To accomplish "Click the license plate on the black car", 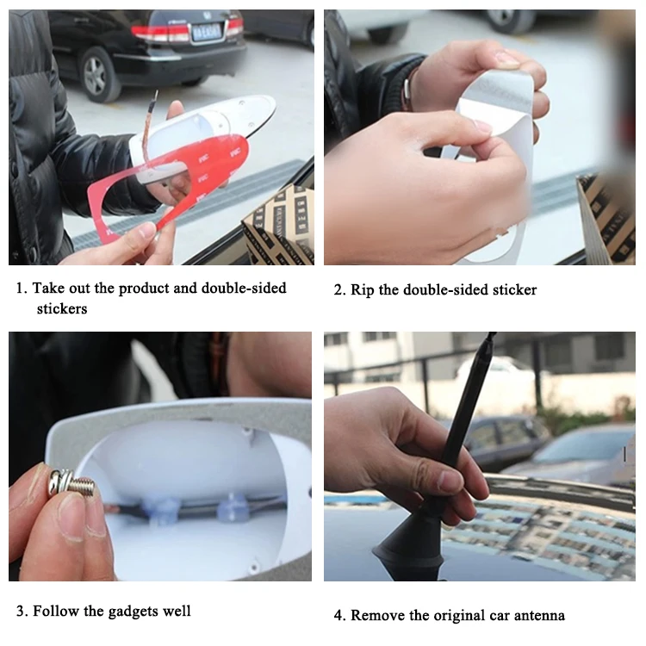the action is pos(207,32).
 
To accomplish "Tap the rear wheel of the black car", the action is pos(96,73).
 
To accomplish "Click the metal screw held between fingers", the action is pos(71,481).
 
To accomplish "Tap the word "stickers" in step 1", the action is pos(62,308).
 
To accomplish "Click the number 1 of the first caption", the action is pos(20,288).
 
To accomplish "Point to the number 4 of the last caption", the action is pos(339,616).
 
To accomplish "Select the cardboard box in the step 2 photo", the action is pos(607,219).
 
